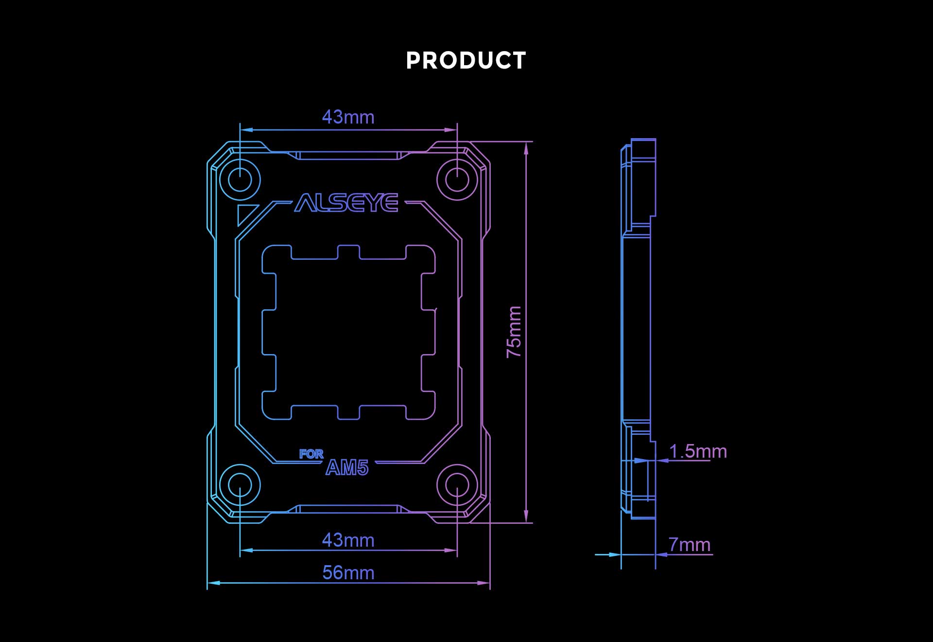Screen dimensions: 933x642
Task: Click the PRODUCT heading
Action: pos(466,61)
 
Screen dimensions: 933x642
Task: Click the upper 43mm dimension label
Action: pos(348,117)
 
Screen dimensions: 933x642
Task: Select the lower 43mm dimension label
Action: pos(348,540)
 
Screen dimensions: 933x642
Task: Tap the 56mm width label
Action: pos(348,573)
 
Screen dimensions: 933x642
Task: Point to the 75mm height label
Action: pos(514,332)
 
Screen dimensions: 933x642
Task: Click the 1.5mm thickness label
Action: pos(698,451)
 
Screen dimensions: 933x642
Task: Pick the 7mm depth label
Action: pos(690,545)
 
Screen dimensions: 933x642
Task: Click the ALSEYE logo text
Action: pos(346,203)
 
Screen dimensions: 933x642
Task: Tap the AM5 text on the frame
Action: pos(347,468)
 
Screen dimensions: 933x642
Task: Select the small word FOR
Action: pos(311,454)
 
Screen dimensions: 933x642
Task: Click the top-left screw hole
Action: pos(240,180)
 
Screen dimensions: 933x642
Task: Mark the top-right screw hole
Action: pos(457,180)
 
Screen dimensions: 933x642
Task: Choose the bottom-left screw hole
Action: pos(240,485)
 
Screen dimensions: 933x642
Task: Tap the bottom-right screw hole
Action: pos(457,485)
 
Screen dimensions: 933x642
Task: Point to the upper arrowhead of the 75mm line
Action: pos(526,148)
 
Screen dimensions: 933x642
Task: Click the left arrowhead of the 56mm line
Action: pos(214,583)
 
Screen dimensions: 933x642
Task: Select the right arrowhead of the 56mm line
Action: pos(484,583)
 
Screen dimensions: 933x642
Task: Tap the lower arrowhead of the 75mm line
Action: pos(526,517)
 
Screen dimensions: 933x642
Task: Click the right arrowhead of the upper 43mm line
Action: pos(451,130)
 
